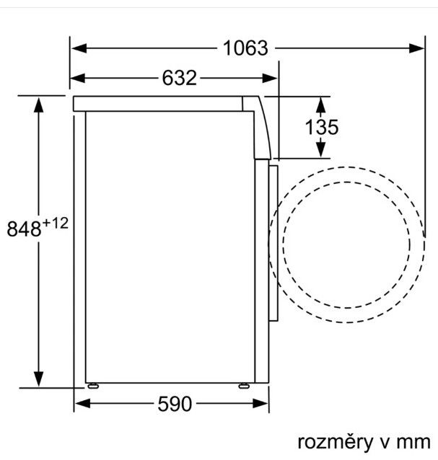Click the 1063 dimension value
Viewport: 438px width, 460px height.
245,48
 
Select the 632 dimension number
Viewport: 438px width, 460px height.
180,78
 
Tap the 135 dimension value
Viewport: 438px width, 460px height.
322,127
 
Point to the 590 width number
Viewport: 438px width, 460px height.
175,404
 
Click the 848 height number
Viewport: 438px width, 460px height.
24,229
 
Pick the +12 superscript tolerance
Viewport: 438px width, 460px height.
55,224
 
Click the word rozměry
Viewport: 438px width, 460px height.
336,443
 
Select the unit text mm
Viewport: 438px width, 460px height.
413,443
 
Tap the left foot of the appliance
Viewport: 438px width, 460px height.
93,386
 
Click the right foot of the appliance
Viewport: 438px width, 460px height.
244,386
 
